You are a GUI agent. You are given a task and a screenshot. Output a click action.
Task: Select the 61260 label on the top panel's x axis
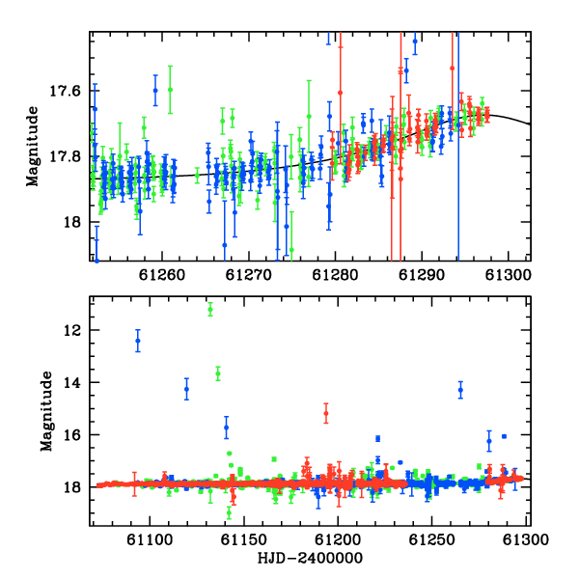click(x=162, y=275)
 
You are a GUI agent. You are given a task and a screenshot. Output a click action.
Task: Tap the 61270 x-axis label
click(x=249, y=275)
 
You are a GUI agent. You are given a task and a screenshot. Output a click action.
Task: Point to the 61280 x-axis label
click(x=335, y=275)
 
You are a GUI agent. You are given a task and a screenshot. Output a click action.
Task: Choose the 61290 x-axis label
click(x=422, y=275)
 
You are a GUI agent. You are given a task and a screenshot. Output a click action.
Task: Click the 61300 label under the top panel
click(x=509, y=275)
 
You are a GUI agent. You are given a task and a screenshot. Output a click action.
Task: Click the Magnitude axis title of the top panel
click(x=32, y=147)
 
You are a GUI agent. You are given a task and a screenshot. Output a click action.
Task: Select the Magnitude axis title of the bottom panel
click(x=46, y=411)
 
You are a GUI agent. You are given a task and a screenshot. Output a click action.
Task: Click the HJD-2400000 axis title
click(x=310, y=558)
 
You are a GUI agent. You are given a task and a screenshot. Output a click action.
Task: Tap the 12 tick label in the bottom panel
click(x=72, y=330)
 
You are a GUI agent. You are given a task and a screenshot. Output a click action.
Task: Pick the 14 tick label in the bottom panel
click(x=72, y=382)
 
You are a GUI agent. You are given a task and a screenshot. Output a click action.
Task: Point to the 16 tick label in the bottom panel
click(x=72, y=435)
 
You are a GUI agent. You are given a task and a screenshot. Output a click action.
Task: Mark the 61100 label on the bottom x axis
click(x=150, y=539)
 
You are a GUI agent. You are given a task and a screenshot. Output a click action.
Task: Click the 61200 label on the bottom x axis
click(x=338, y=539)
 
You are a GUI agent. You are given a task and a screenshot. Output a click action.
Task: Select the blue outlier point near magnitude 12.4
click(x=138, y=341)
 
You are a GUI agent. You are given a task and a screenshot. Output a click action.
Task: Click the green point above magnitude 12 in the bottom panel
click(x=210, y=310)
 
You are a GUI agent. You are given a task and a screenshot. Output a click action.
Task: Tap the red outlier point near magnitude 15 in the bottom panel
click(x=326, y=413)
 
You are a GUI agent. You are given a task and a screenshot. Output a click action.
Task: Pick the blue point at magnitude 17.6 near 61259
click(x=155, y=91)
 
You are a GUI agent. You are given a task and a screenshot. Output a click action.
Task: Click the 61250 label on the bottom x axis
click(x=431, y=539)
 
